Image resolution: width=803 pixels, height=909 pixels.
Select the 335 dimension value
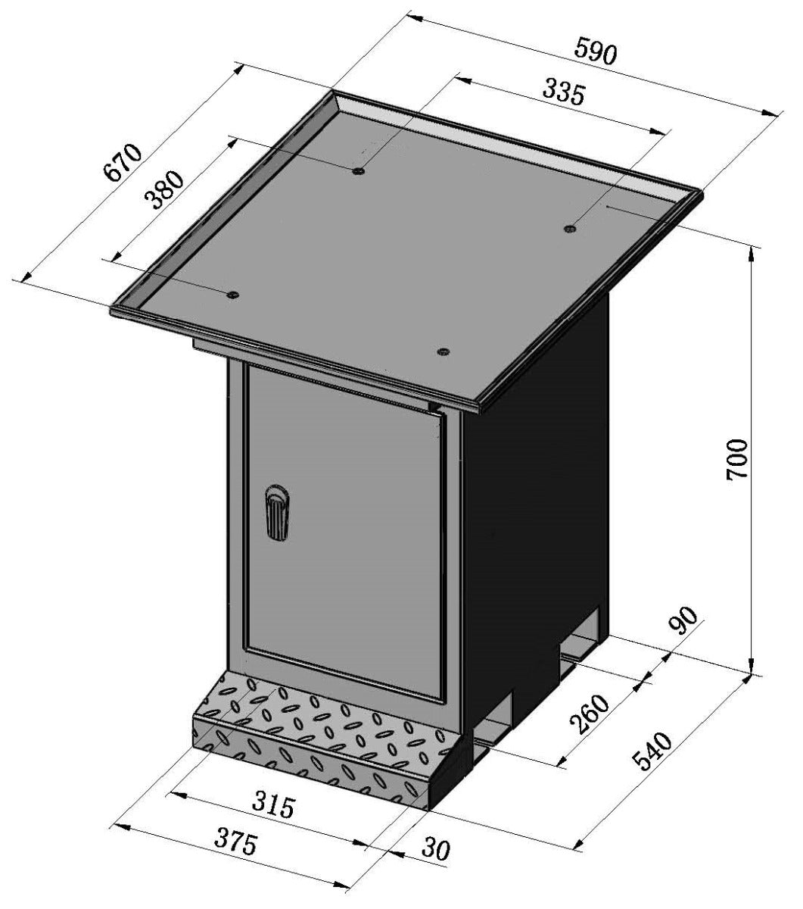[x=564, y=93]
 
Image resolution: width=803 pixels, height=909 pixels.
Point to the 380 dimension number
[x=164, y=189]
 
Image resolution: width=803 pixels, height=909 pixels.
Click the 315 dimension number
[x=272, y=804]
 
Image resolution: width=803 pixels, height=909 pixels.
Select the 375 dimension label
[x=235, y=841]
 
